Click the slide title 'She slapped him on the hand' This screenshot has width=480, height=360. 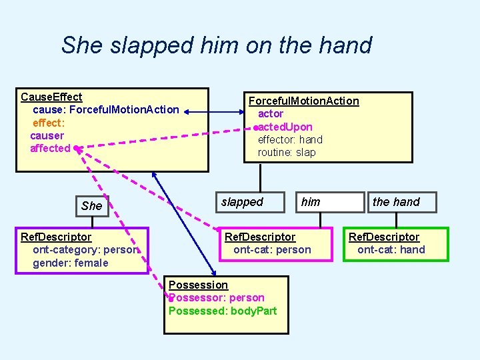pyautogui.click(x=216, y=45)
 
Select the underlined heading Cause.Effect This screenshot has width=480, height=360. pyautogui.click(x=51, y=97)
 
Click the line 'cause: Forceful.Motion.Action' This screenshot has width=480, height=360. pyautogui.click(x=105, y=109)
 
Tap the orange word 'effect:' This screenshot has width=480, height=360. pyautogui.click(x=49, y=123)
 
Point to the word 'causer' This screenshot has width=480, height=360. pyautogui.click(x=47, y=135)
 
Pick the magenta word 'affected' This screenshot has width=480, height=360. pyautogui.click(x=50, y=148)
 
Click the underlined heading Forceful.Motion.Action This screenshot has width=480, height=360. pyautogui.click(x=303, y=101)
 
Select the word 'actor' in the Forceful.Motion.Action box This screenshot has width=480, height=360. pyautogui.click(x=271, y=114)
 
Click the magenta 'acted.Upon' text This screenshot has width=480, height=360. pyautogui.click(x=285, y=127)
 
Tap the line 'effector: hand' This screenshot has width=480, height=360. pyautogui.click(x=290, y=139)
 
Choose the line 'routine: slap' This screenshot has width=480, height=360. pyautogui.click(x=287, y=152)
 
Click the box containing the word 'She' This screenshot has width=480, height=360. pyautogui.click(x=92, y=206)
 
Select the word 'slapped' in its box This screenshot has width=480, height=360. pyautogui.click(x=242, y=202)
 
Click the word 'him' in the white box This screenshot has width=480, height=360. pyautogui.click(x=311, y=202)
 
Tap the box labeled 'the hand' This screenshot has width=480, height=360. pyautogui.click(x=396, y=202)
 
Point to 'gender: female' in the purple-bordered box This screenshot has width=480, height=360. pyautogui.click(x=70, y=263)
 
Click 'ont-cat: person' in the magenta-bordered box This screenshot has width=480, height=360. pyautogui.click(x=272, y=249)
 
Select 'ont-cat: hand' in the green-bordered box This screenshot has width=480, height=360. pyautogui.click(x=391, y=249)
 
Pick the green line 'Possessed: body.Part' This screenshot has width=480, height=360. pyautogui.click(x=223, y=311)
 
